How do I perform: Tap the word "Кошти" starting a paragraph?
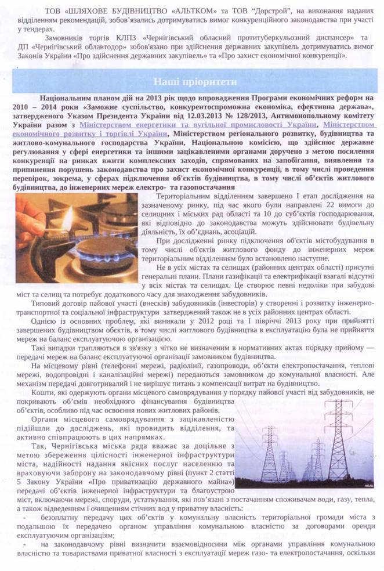coord(42,392)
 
